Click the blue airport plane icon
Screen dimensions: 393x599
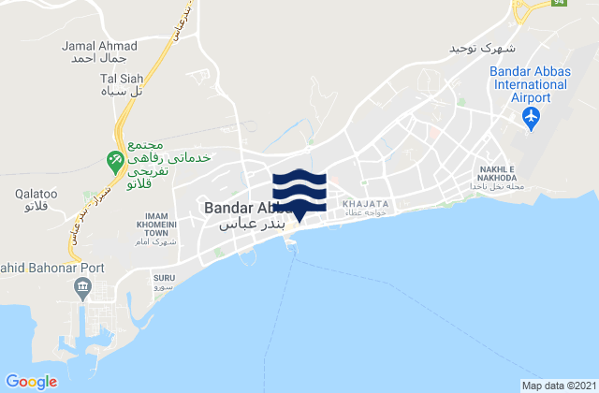coord(533,117)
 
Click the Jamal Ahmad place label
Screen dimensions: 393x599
coord(98,45)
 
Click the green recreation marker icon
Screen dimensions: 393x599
coord(116,161)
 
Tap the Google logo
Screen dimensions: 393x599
coord(31,381)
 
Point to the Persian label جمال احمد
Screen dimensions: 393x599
coord(98,58)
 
